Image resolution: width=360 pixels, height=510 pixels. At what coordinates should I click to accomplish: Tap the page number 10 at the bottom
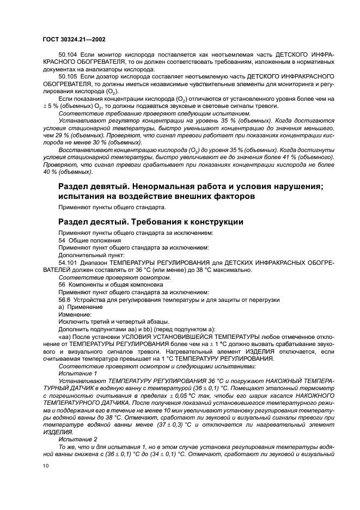click(x=45, y=466)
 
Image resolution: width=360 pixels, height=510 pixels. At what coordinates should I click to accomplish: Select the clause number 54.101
click(x=68, y=262)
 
